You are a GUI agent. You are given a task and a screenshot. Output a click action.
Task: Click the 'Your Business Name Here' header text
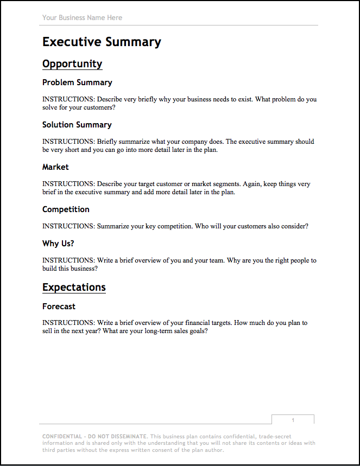82,18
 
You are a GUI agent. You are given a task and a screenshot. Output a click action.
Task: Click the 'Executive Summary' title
102,42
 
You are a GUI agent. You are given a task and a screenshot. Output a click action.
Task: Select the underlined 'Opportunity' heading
72,64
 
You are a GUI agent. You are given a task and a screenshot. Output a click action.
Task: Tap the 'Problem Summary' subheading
77,82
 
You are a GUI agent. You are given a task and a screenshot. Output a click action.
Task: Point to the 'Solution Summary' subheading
77,125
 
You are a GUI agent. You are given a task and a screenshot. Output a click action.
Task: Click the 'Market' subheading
55,167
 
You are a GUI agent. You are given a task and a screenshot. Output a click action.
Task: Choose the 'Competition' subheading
66,209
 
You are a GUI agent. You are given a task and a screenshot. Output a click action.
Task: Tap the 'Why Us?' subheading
58,244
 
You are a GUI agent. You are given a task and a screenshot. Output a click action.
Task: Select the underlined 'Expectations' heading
74,288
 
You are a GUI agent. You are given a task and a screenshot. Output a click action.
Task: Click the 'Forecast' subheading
59,307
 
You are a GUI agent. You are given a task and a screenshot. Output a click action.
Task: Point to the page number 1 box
293,420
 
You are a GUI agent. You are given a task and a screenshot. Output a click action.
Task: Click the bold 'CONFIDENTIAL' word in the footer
61,436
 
